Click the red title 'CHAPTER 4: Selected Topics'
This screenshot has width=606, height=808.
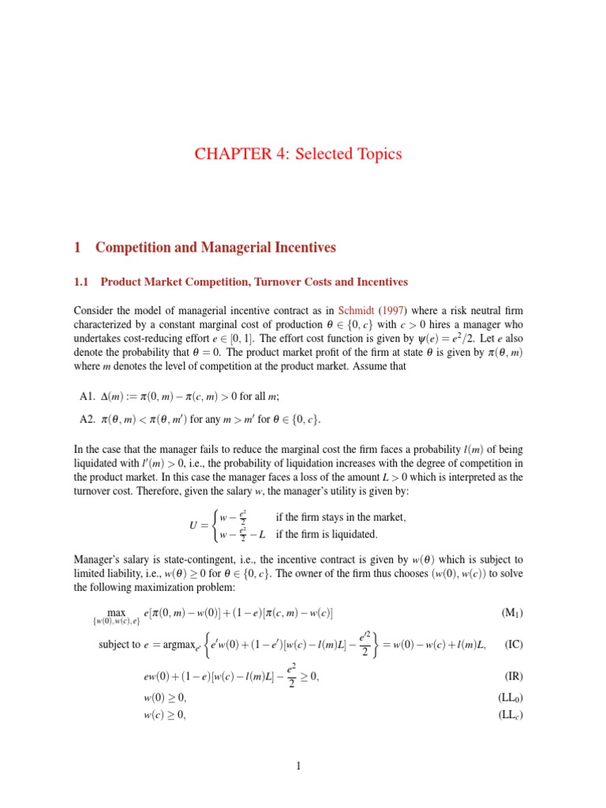click(302, 154)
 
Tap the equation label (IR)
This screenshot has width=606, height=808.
click(522, 676)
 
